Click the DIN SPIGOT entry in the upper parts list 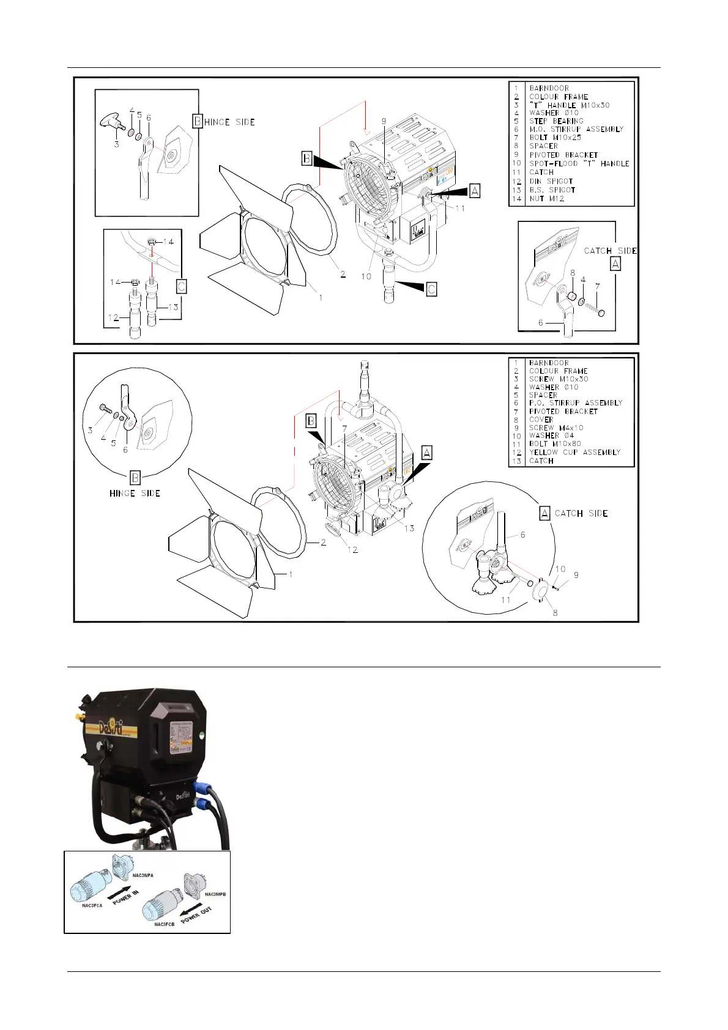pyautogui.click(x=551, y=181)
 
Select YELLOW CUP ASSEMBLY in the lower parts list pyautogui.click(x=574, y=452)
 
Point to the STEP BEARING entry pyautogui.click(x=556, y=121)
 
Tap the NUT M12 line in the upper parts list pyautogui.click(x=546, y=199)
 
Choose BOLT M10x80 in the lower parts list pyautogui.click(x=555, y=444)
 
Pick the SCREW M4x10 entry pyautogui.click(x=556, y=428)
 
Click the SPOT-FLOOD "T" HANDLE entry pyautogui.click(x=579, y=164)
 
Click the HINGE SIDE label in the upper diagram pyautogui.click(x=229, y=122)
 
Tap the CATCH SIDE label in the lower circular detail pyautogui.click(x=581, y=513)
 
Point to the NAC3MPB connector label pyautogui.click(x=215, y=894)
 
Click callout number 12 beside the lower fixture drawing pyautogui.click(x=353, y=550)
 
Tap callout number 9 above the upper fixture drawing pyautogui.click(x=384, y=122)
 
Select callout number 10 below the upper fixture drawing pyautogui.click(x=366, y=276)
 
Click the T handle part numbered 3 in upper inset pyautogui.click(x=111, y=122)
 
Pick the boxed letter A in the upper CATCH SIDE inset pyautogui.click(x=615, y=264)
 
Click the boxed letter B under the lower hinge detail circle pyautogui.click(x=135, y=478)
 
